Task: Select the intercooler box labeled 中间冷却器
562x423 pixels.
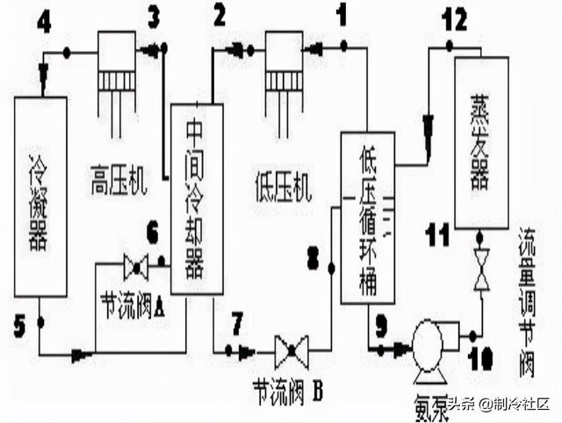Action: (x=196, y=198)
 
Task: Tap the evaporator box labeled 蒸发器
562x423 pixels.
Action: (x=481, y=141)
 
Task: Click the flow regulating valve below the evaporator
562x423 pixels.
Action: (x=481, y=269)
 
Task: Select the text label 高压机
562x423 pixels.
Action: (x=118, y=185)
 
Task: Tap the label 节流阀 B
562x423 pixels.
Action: (x=289, y=390)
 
